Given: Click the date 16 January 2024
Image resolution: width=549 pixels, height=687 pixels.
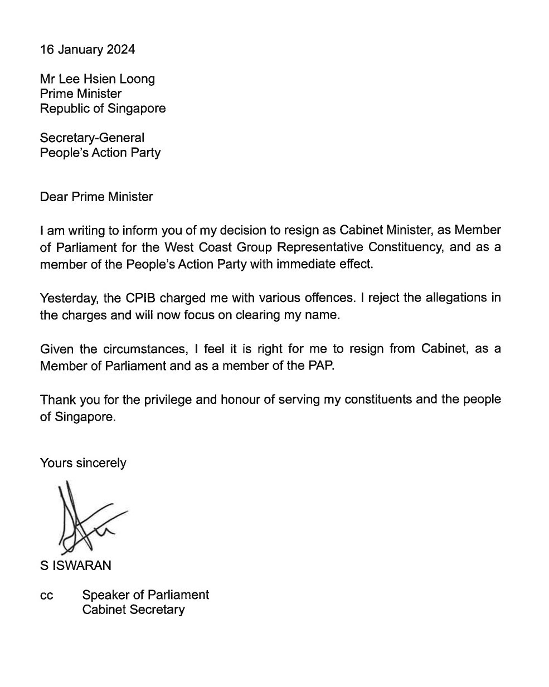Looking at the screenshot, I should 87,50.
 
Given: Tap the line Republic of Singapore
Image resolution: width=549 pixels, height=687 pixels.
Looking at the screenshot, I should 103,109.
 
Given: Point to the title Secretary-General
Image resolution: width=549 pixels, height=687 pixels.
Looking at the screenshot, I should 92,138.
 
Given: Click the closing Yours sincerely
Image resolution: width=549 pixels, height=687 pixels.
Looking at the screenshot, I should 83,463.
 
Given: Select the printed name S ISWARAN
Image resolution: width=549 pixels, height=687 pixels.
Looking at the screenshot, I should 75,566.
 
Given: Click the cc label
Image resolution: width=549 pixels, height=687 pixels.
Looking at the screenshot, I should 47,596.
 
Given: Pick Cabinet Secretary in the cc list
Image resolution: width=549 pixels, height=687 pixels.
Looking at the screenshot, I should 133,610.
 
